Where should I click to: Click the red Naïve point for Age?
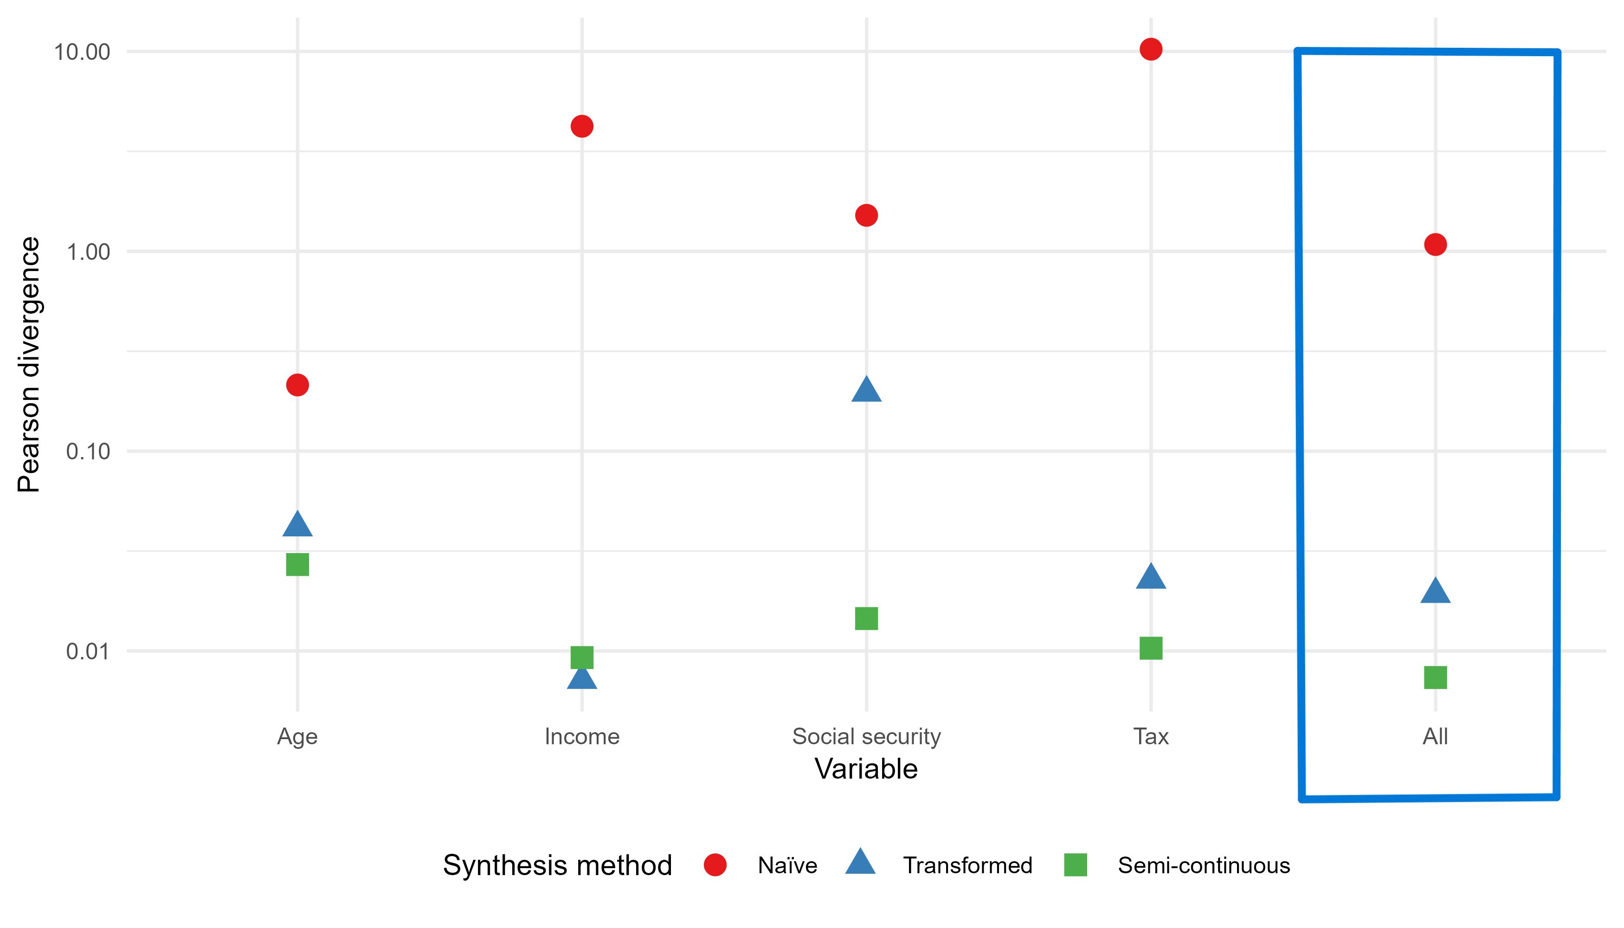tap(297, 385)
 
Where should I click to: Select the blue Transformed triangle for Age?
tap(297, 525)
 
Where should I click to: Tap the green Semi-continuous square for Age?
tap(297, 565)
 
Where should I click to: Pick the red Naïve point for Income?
tap(582, 126)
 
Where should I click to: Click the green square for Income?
tap(582, 657)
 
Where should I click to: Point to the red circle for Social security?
tap(866, 215)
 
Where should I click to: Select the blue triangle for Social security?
tap(866, 391)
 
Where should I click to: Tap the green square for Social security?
tap(866, 618)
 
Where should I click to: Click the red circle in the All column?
tap(1435, 244)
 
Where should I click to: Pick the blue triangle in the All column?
tap(1435, 592)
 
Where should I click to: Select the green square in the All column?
tap(1435, 677)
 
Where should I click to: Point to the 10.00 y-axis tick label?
tap(82, 52)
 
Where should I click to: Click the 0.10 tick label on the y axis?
tap(89, 451)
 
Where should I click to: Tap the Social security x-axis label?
tap(866, 737)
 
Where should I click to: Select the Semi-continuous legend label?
tap(1203, 865)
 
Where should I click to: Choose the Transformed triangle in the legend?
tap(860, 863)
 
